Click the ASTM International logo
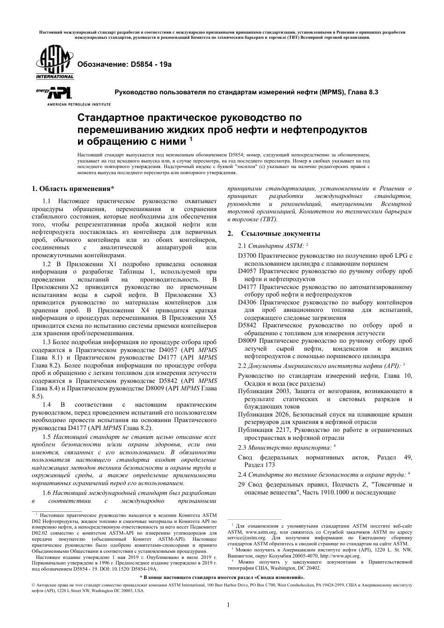coord(52,64)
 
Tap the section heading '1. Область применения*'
coord(72,189)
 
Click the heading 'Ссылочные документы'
coord(280,233)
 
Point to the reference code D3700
coord(247,255)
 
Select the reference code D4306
coord(247,302)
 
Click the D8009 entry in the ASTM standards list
coord(247,341)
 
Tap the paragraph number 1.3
coord(47,342)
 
